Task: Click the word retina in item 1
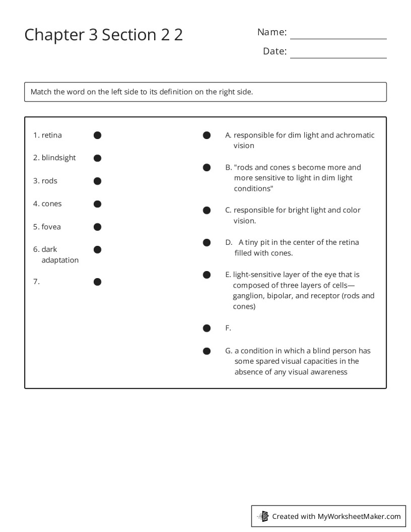point(51,135)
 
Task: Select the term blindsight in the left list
point(58,158)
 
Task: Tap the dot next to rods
point(98,181)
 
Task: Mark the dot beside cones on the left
point(98,204)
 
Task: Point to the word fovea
point(51,227)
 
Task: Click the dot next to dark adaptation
point(98,249)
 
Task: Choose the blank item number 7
point(36,282)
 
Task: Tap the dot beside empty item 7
point(98,282)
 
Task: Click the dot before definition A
point(207,135)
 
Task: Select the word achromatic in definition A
point(355,135)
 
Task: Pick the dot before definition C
point(207,210)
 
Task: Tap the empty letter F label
point(228,328)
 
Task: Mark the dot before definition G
point(207,351)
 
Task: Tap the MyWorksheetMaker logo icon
point(263,516)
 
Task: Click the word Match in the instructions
point(41,92)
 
